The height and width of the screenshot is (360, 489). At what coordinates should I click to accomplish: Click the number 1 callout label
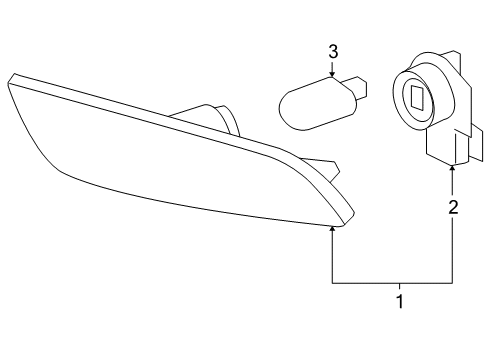(400, 301)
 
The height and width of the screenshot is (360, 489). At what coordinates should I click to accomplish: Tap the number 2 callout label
(453, 208)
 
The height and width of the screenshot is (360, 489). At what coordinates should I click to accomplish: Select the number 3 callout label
(334, 50)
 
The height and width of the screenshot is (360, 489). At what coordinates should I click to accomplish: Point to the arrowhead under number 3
(334, 74)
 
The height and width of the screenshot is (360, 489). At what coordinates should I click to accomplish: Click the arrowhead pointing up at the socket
(453, 170)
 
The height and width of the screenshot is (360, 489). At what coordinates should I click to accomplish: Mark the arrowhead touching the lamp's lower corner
(333, 230)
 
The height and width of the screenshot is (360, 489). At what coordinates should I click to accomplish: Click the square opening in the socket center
(417, 98)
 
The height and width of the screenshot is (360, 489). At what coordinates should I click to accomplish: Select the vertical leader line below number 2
(453, 250)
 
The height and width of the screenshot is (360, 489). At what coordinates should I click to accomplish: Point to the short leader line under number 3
(334, 66)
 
